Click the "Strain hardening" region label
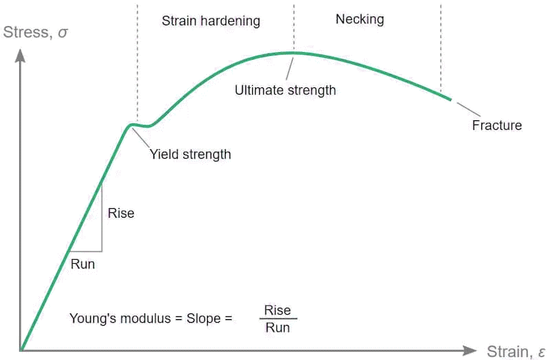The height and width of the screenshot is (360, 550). [211, 21]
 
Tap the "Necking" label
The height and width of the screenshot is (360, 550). [360, 19]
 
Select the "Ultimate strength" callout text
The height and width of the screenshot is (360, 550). [285, 90]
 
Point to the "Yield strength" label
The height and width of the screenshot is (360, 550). [190, 154]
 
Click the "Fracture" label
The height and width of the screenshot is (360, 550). [497, 125]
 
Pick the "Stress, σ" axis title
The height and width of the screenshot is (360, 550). [35, 32]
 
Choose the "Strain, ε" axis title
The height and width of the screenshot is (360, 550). [516, 351]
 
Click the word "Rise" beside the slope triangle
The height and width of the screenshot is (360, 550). [121, 213]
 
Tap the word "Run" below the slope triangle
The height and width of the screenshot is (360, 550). [82, 264]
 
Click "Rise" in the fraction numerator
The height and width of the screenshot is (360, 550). [278, 311]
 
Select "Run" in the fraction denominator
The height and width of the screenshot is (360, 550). [278, 328]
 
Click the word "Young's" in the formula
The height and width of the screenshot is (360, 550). [89, 319]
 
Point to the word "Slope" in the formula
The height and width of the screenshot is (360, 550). [203, 319]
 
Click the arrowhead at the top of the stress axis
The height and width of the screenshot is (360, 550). [21, 56]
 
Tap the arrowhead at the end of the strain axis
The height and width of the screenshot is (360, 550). [470, 350]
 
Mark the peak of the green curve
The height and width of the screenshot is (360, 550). [294, 53]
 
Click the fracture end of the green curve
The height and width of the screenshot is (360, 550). [450, 100]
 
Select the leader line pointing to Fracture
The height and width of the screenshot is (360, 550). [469, 109]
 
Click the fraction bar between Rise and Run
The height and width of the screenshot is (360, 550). [278, 319]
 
